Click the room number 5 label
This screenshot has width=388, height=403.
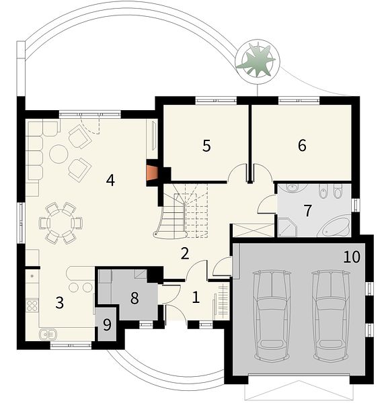point(206,146)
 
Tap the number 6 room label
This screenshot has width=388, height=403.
point(302,145)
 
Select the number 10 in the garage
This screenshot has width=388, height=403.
point(352,257)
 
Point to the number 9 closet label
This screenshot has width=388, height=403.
point(107,325)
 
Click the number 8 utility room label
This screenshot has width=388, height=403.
point(134,298)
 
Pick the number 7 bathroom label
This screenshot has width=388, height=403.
point(308,210)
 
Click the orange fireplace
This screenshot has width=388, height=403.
point(152,173)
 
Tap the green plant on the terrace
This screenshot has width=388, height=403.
point(256,61)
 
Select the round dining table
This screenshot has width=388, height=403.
point(61,223)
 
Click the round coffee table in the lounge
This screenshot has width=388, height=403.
point(59,154)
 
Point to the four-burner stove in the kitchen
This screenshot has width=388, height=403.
point(32,306)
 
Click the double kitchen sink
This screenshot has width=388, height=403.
point(48,334)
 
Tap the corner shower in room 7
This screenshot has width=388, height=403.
point(286,226)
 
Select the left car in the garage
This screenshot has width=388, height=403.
point(272,314)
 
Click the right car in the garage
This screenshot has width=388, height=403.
point(332,314)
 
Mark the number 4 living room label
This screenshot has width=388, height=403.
point(110,180)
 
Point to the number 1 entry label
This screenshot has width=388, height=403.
point(196,298)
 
